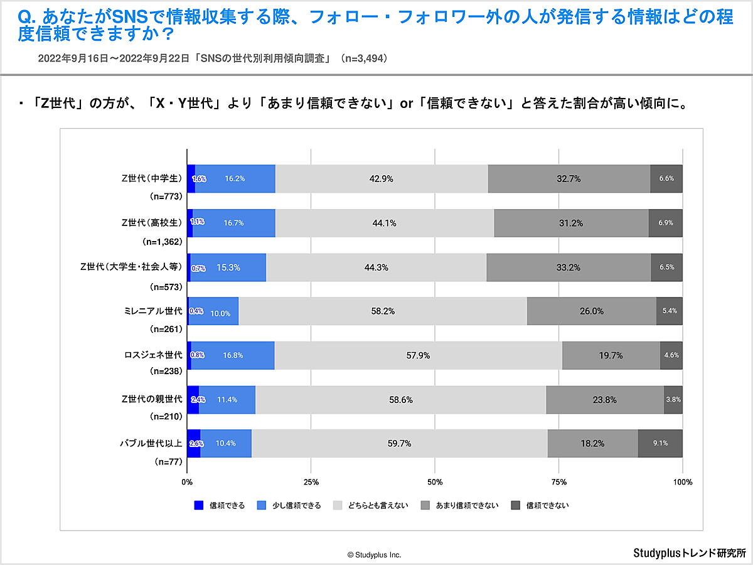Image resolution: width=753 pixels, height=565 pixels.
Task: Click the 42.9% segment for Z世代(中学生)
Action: (x=382, y=178)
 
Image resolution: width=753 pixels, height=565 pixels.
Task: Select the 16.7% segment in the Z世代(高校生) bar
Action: (x=233, y=223)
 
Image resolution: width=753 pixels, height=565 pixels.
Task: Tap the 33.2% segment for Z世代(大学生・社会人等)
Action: (x=568, y=267)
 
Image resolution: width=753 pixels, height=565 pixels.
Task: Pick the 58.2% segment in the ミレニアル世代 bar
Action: (x=382, y=311)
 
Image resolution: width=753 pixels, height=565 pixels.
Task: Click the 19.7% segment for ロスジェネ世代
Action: (x=611, y=355)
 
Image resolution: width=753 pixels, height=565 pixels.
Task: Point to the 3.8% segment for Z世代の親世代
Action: (x=673, y=399)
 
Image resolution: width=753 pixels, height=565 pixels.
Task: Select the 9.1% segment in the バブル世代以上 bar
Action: (x=660, y=443)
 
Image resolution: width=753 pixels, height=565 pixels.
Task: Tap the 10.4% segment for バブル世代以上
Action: (x=225, y=443)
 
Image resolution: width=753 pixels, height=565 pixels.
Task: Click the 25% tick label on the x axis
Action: (x=311, y=482)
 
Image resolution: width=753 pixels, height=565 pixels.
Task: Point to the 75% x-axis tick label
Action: (x=559, y=482)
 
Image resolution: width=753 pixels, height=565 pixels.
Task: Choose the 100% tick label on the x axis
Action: (x=682, y=482)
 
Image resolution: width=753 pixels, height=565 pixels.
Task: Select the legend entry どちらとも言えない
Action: (x=371, y=505)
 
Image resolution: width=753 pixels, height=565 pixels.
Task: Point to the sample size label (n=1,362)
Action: (x=163, y=241)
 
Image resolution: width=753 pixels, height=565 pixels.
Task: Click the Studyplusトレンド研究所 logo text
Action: (x=690, y=553)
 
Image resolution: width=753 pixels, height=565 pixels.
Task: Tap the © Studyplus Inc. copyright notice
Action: (x=374, y=555)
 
